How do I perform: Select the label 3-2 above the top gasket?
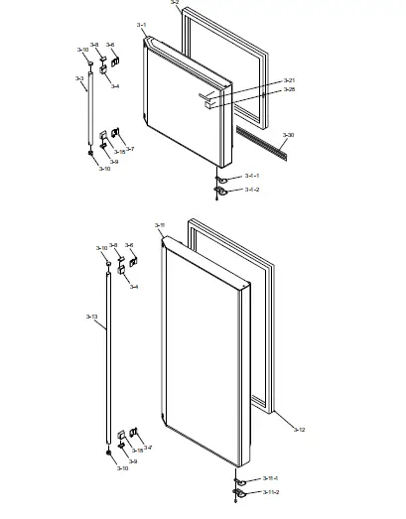click(175, 4)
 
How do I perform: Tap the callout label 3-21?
click(289, 79)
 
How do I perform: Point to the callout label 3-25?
click(289, 89)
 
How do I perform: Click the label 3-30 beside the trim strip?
click(288, 134)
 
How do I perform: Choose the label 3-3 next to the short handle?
click(78, 78)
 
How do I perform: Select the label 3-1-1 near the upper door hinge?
click(252, 176)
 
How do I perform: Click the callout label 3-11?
click(160, 225)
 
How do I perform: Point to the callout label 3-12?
click(300, 429)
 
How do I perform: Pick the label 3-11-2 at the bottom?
click(270, 492)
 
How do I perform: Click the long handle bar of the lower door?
click(107, 357)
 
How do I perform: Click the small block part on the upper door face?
click(207, 98)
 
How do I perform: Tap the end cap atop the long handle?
click(105, 261)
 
